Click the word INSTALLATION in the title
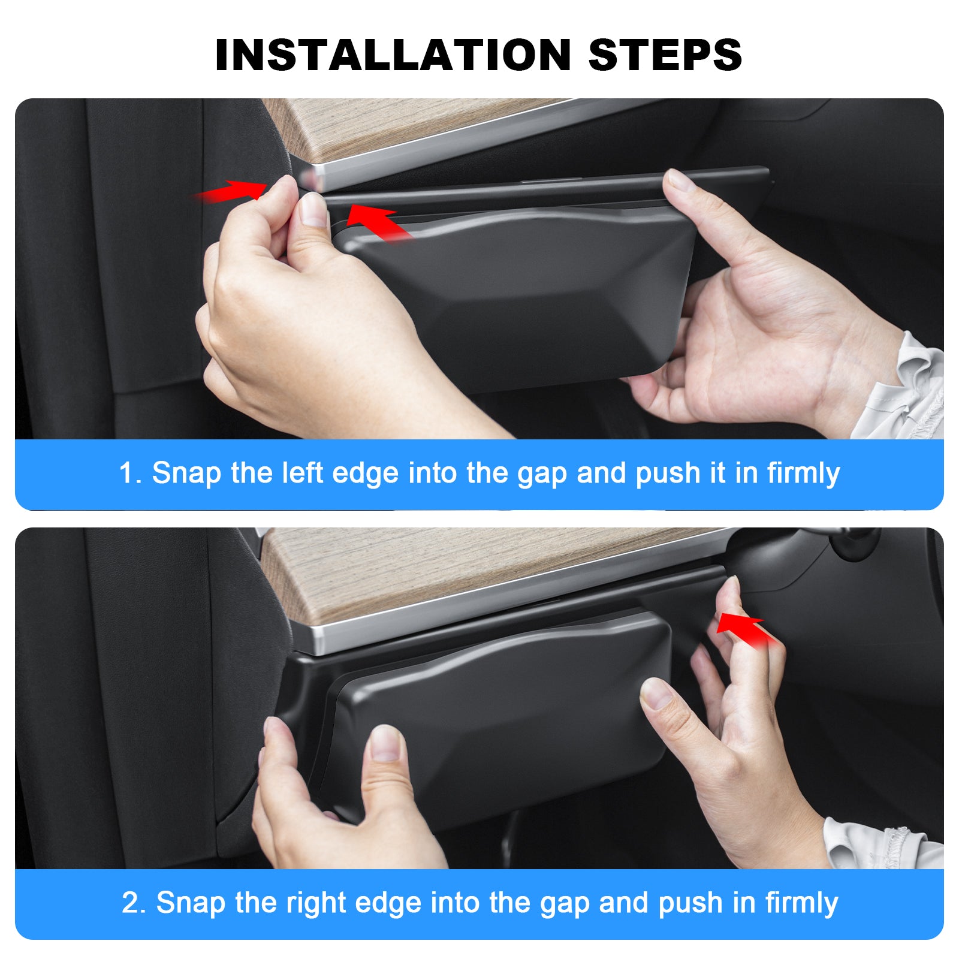[x=393, y=55]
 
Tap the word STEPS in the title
[x=665, y=55]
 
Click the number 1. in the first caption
[x=130, y=473]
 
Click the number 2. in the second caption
[x=133, y=903]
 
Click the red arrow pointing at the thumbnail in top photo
[x=379, y=222]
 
